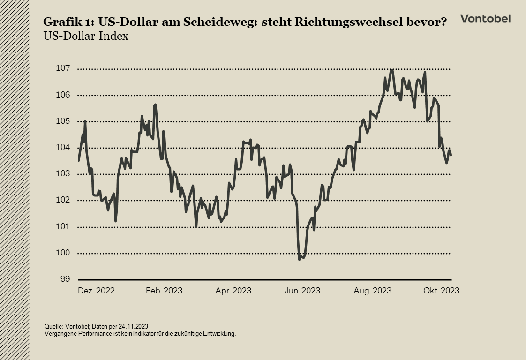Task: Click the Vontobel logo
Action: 485,19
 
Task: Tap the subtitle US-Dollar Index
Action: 86,36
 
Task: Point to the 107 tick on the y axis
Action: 63,68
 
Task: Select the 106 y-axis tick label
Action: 63,95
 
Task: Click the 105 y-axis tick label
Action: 63,121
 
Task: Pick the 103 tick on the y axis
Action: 63,174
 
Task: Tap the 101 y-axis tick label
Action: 63,227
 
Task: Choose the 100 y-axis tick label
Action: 63,253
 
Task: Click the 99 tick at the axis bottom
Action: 65,279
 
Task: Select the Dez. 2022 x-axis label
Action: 96,291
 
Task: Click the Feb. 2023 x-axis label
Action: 164,291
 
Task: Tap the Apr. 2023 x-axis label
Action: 233,291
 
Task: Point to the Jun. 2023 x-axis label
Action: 302,291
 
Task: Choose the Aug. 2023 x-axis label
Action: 373,291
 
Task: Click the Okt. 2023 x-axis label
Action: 441,291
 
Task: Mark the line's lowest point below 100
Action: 300,259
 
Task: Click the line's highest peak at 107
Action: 392,70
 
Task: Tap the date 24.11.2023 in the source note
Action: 133,326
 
